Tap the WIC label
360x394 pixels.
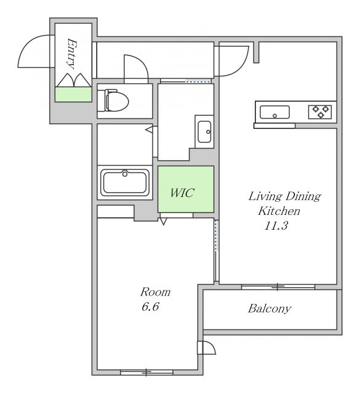[182, 193]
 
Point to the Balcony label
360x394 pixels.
[270, 308]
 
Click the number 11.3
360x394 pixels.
[276, 225]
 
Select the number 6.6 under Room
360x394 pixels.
[150, 307]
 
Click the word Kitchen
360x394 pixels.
[279, 211]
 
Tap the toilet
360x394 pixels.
[113, 100]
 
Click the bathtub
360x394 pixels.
[125, 182]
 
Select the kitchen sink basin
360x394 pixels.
[274, 112]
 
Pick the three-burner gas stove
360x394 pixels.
[320, 112]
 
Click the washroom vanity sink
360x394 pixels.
[204, 132]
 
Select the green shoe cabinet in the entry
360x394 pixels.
[73, 94]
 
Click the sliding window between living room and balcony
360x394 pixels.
[278, 287]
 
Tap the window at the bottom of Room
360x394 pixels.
[146, 372]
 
